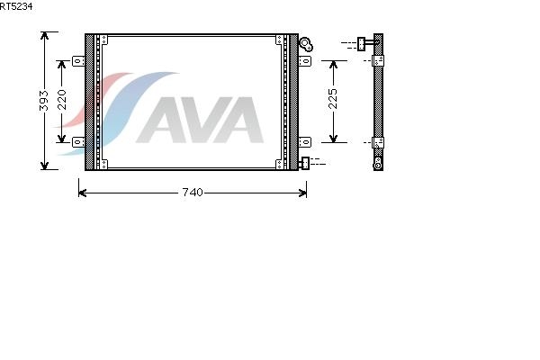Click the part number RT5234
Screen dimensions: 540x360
pyautogui.click(x=16, y=6)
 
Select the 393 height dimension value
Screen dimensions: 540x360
pyautogui.click(x=44, y=101)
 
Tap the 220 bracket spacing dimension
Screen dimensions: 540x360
pyautogui.click(x=62, y=100)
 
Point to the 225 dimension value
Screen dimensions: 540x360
pyautogui.click(x=333, y=98)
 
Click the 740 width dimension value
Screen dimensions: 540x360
pyautogui.click(x=193, y=193)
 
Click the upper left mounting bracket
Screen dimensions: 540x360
pyautogui.click(x=78, y=61)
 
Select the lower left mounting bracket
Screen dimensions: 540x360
pyautogui.click(x=78, y=141)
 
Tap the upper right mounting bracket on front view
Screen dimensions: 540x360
pyautogui.click(x=305, y=61)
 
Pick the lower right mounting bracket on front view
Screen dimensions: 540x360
pyautogui.click(x=305, y=142)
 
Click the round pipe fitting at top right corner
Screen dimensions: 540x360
pyautogui.click(x=306, y=44)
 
